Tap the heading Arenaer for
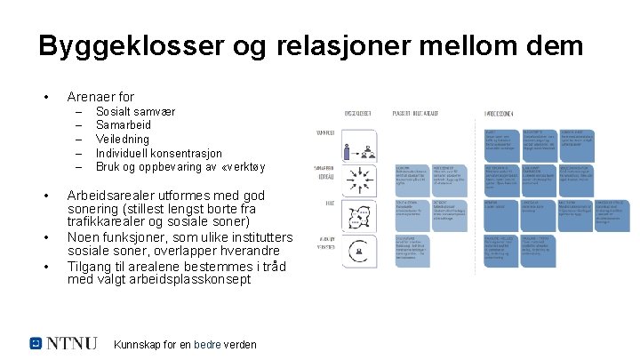(100, 96)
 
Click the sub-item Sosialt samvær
(135, 113)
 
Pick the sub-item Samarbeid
(124, 126)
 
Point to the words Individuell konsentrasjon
(159, 153)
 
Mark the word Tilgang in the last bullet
(92, 265)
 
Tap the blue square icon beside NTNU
(36, 343)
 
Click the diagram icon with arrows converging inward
(363, 180)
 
